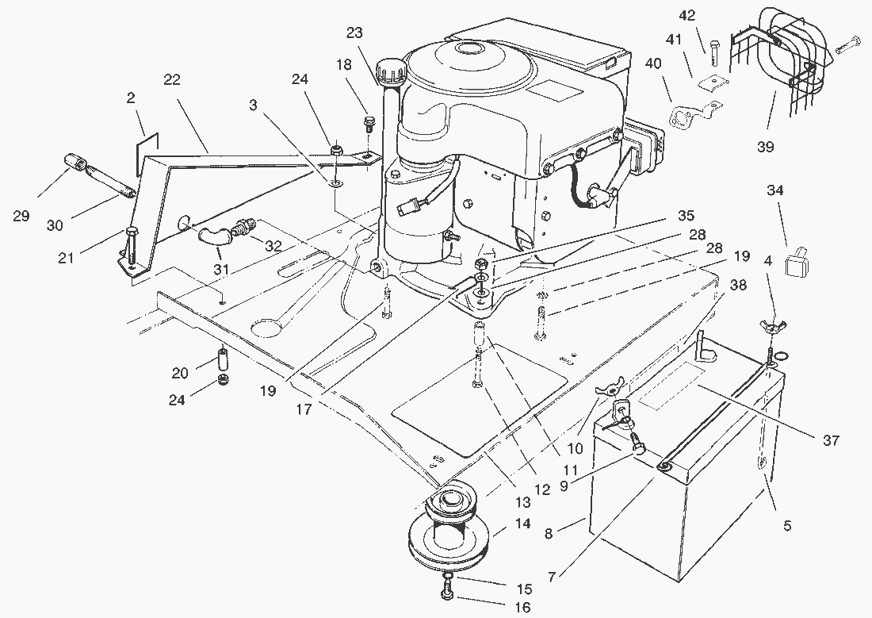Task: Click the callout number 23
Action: [354, 33]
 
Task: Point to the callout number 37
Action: [830, 440]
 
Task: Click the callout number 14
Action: [522, 524]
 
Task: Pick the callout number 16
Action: [522, 608]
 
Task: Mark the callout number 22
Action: [172, 79]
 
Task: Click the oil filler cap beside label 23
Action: [389, 74]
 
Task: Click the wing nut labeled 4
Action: [768, 327]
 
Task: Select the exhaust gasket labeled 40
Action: [685, 118]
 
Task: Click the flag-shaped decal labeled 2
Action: [148, 141]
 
